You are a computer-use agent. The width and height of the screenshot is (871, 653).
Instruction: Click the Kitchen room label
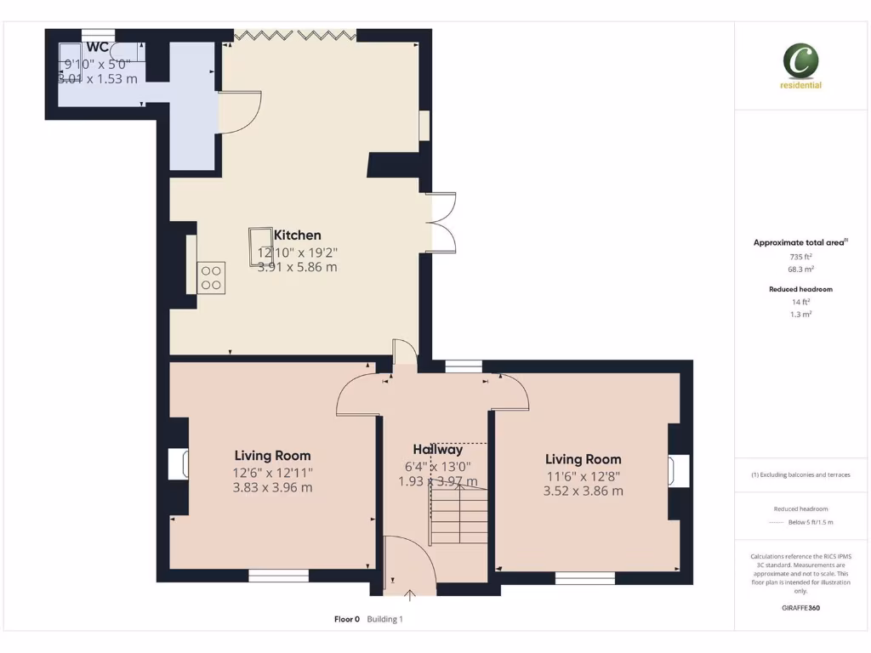pos(297,235)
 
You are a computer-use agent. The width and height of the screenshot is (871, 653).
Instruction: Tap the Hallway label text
pos(438,450)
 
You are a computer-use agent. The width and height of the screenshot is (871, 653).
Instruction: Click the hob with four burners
pos(212,278)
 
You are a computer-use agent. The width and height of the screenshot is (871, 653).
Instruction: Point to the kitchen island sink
pos(260,245)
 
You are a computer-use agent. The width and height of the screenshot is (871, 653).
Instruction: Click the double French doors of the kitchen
pos(441,223)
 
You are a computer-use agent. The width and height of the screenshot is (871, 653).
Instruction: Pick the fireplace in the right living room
pos(680,471)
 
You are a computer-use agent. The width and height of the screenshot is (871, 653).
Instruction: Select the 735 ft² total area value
pos(800,256)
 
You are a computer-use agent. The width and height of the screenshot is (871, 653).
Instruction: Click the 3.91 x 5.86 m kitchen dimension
pos(297,267)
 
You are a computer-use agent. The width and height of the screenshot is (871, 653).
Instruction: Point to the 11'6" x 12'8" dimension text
pos(583,475)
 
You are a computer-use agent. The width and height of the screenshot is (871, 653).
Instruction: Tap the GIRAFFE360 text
pos(800,608)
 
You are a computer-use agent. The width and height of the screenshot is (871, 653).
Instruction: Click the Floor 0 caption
pos(347,619)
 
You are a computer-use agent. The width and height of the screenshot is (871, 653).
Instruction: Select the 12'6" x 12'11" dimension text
pos(272,472)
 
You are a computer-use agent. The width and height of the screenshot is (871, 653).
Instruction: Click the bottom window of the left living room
pos(278,576)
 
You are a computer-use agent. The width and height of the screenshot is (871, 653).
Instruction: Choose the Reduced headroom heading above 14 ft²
pos(800,289)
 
